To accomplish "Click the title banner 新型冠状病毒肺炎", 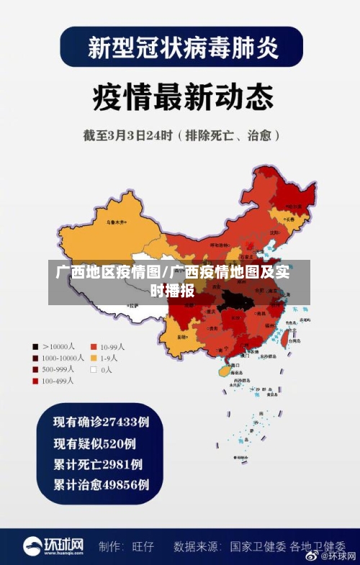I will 181,48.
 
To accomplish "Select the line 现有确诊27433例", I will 102,420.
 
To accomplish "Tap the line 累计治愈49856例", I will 102,484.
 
